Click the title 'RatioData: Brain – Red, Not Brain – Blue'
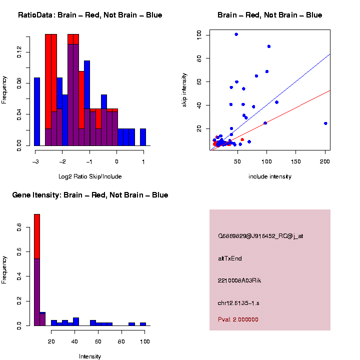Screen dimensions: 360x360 tap(90, 15)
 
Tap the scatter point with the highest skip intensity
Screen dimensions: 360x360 tap(236, 34)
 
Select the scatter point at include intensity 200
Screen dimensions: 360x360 tap(325, 123)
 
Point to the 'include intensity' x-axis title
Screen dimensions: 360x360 tap(269, 176)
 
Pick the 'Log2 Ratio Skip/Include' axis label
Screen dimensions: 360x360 tap(89, 176)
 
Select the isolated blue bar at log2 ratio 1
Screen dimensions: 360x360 tap(143, 137)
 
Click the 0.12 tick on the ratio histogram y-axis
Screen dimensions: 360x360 tap(19, 52)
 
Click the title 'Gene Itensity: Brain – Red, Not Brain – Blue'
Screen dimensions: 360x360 tap(90, 195)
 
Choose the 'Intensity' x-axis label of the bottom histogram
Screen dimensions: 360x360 tap(90, 356)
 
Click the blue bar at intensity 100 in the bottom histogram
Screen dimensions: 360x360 tap(143, 324)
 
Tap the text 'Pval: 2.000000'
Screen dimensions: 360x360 tap(238, 319)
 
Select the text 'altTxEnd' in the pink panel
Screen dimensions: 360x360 tap(230, 258)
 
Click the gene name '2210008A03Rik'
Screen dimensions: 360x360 tap(239, 280)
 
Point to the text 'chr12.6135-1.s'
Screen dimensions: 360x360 tap(238, 303)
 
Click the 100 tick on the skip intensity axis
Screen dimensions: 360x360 tap(199, 34)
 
